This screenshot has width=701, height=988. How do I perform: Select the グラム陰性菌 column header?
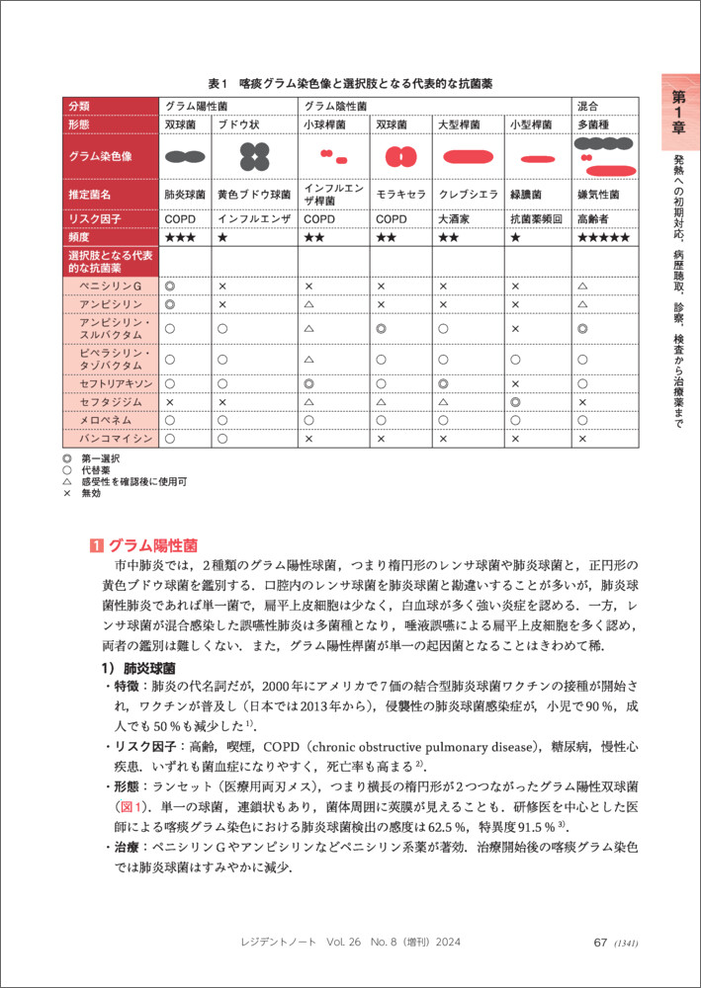point(336,105)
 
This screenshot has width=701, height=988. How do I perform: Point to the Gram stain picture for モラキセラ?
point(400,156)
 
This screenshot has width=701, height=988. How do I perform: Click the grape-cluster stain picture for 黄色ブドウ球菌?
point(254,156)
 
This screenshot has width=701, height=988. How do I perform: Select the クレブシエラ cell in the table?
point(462,195)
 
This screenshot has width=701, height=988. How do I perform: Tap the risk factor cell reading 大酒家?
point(457,218)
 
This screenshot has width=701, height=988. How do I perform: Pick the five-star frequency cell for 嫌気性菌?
point(604,238)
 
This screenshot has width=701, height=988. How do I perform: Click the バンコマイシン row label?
point(116,439)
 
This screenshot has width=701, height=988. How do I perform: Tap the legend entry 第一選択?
point(100,459)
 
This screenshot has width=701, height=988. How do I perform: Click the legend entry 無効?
point(91,493)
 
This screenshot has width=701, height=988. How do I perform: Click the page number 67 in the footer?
point(599,942)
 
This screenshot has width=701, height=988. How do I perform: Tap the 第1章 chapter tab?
point(679,110)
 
